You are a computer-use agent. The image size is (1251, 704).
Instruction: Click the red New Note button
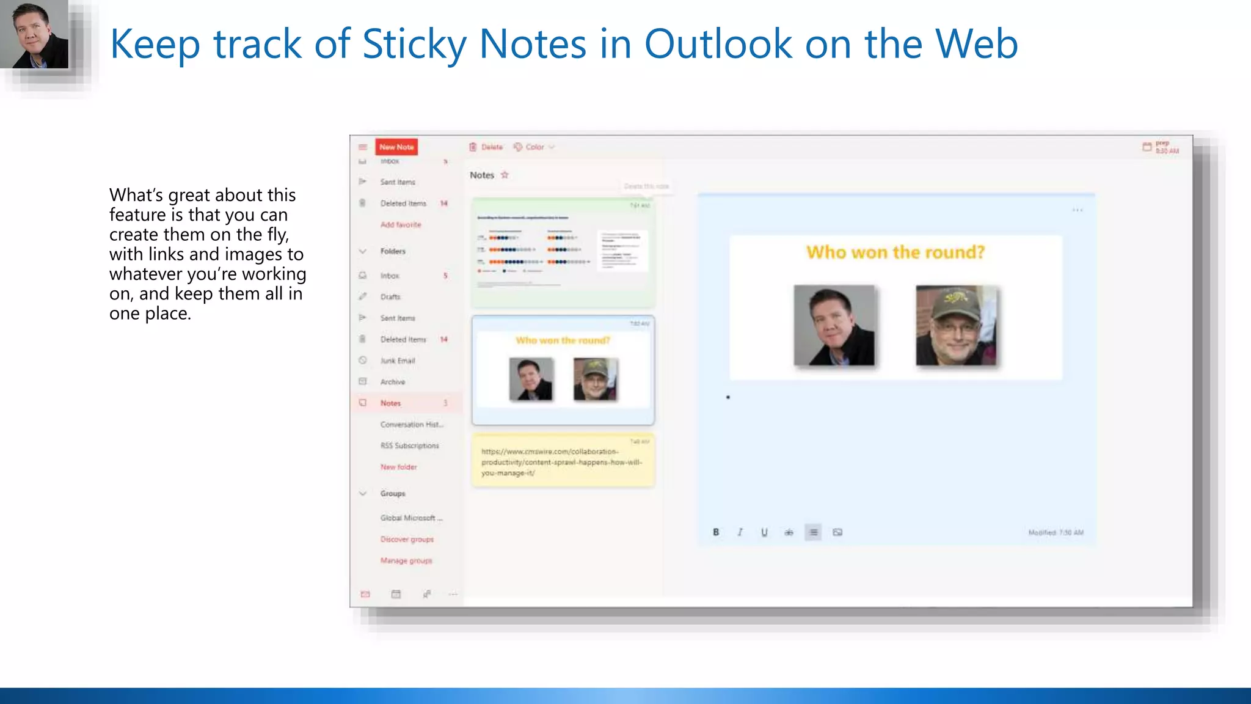tap(396, 147)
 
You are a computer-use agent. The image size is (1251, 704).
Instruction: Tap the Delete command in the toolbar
tap(486, 147)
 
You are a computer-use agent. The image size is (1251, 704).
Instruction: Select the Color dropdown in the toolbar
tap(534, 147)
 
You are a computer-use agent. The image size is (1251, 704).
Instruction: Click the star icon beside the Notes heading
tap(505, 175)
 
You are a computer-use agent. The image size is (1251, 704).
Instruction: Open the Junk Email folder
tap(397, 361)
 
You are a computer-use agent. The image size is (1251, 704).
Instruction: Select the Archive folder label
tap(392, 382)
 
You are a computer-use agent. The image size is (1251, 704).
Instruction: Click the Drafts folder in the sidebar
tap(390, 297)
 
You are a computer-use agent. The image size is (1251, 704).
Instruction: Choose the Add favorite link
tap(401, 225)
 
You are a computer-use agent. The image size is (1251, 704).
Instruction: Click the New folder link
tap(398, 467)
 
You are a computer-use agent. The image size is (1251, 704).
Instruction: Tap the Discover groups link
tap(407, 540)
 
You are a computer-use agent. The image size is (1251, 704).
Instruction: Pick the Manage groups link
tap(406, 561)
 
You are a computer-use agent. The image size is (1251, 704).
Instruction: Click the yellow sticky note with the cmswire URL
tap(563, 461)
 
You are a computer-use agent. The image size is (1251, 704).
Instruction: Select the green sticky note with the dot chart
tap(563, 252)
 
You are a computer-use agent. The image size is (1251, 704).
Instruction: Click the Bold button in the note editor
tap(716, 532)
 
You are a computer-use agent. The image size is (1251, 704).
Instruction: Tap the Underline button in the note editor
tap(764, 532)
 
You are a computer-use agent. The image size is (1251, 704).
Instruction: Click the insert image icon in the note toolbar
tap(837, 532)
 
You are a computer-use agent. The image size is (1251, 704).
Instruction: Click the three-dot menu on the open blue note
tap(1078, 210)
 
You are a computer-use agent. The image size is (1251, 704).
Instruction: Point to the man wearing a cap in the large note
tap(956, 326)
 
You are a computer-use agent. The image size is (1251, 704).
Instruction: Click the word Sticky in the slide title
tap(414, 44)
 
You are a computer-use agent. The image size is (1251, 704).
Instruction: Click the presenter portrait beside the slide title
tap(34, 34)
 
